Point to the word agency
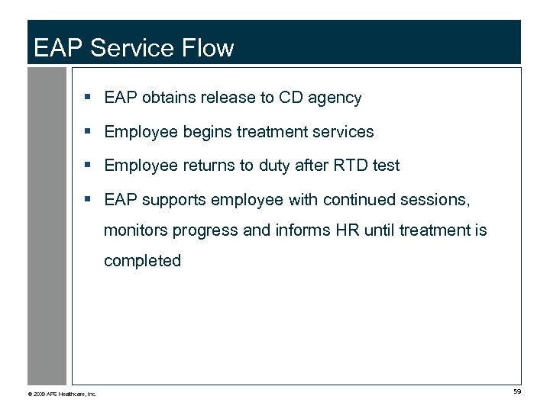[335, 98]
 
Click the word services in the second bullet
[343, 132]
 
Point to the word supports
[177, 200]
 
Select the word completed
[142, 261]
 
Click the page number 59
[517, 391]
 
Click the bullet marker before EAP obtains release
[89, 98]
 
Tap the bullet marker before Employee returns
[89, 166]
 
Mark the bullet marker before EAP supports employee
[89, 200]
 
